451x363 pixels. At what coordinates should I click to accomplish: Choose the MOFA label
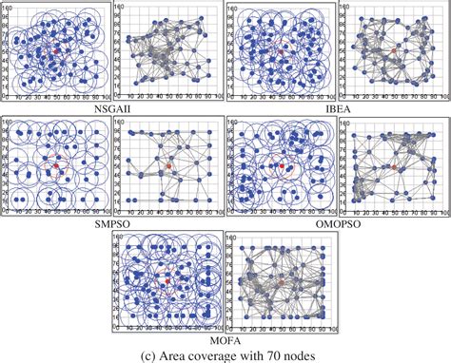coord(225,338)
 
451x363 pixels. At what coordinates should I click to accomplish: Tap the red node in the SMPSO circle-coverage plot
coord(56,166)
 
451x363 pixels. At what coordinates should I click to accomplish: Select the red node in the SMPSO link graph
coord(168,166)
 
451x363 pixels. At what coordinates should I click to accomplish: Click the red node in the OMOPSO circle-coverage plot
coord(282,167)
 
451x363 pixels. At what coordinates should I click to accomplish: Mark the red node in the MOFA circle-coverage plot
coord(168,280)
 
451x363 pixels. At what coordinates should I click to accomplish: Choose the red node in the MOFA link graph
coord(282,280)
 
